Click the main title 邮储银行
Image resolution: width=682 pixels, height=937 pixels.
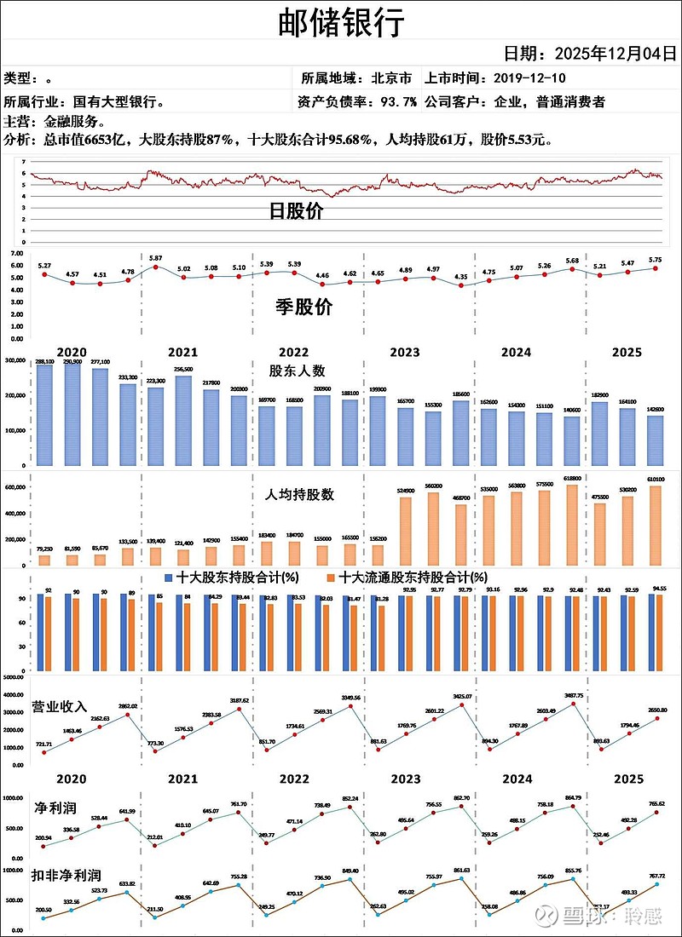tap(341, 23)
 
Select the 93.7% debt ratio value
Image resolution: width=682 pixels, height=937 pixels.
tap(398, 102)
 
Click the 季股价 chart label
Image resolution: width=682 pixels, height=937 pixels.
tap(303, 308)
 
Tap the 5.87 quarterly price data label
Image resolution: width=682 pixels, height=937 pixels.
tap(155, 258)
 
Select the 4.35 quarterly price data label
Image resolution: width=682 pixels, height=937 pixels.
tap(460, 276)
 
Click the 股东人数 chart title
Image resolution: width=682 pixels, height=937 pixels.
tap(297, 371)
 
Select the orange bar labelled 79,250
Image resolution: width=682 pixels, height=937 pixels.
tap(44, 560)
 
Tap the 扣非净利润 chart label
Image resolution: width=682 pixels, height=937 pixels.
tap(66, 875)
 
